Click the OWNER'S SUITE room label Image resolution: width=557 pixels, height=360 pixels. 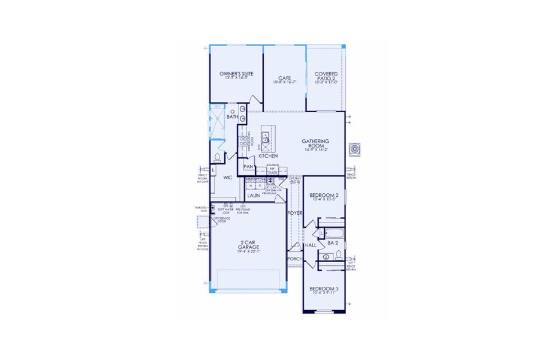coord(236,74)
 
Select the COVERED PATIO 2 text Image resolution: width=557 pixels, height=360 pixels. coord(326,76)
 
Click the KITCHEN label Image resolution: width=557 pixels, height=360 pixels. coord(268,156)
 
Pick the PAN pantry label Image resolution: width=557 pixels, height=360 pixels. coord(248,167)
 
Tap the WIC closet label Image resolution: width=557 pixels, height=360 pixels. coord(227,178)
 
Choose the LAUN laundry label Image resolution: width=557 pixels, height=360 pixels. coord(254,196)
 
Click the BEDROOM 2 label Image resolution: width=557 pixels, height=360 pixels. coord(324,196)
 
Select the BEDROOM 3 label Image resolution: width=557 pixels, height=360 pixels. coord(324,289)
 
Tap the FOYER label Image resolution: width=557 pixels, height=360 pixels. coord(295,212)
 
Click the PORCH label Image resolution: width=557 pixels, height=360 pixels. coord(294,259)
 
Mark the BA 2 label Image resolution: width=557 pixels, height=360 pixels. coord(333,243)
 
